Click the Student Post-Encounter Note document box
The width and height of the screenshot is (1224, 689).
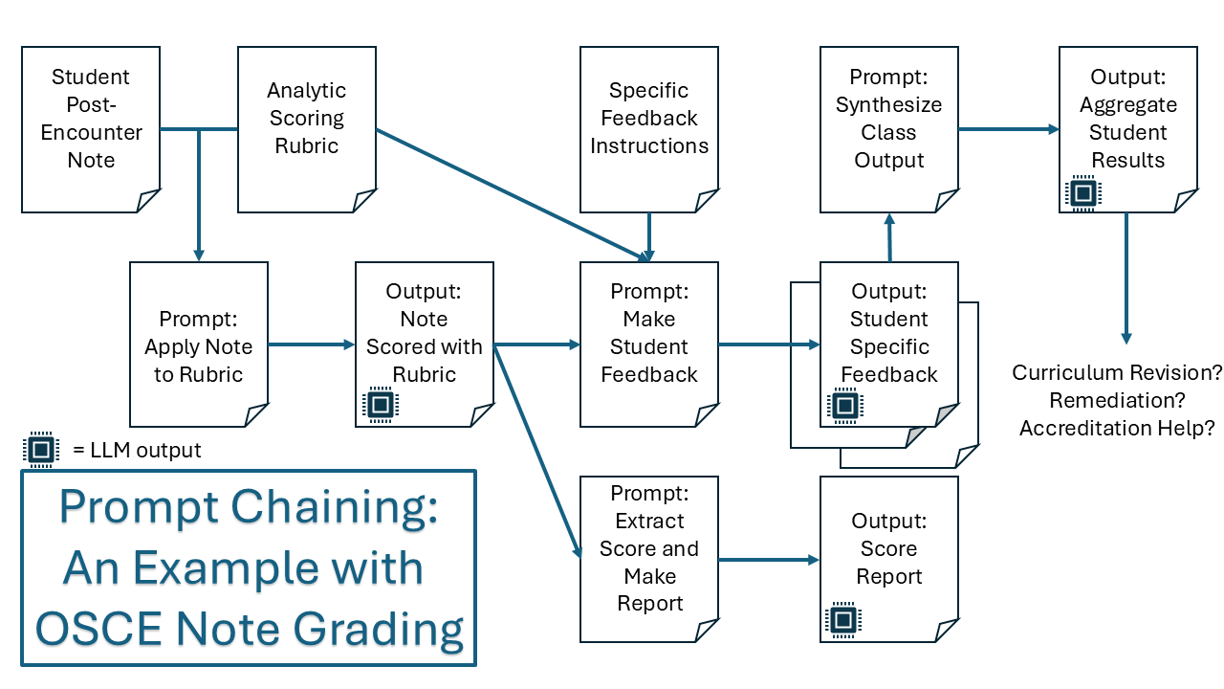[91, 129]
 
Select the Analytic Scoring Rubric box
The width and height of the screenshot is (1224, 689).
[306, 129]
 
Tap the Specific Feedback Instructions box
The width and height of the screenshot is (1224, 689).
[649, 129]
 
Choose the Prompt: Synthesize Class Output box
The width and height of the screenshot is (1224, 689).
[888, 129]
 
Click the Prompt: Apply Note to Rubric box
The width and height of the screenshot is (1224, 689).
[199, 344]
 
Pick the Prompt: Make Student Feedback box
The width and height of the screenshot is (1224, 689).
[649, 344]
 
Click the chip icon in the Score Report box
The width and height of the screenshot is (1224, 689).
[842, 621]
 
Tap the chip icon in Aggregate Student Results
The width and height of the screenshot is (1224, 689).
[1082, 192]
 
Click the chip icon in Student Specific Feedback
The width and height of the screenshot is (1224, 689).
[844, 406]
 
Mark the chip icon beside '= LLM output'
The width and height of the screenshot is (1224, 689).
[40, 450]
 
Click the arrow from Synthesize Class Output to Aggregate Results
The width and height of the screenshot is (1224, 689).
[1009, 129]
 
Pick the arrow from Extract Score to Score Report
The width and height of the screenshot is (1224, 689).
[769, 560]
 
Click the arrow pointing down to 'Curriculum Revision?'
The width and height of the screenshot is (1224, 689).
[1126, 278]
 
